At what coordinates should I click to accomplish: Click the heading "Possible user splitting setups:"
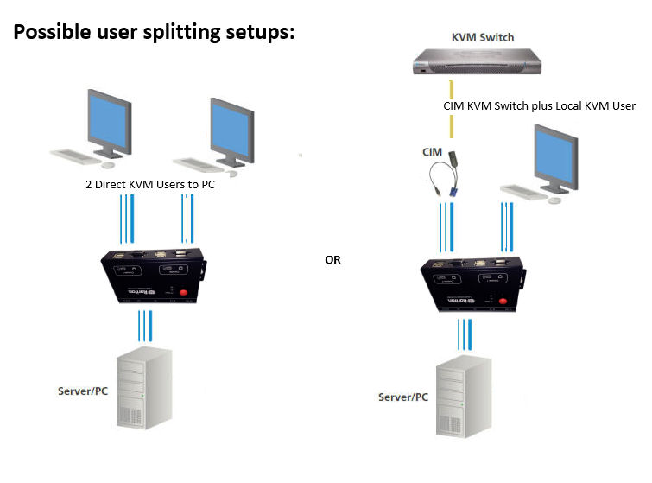(155, 32)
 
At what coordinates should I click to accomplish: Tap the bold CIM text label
(432, 152)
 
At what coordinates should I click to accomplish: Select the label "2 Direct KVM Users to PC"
(149, 185)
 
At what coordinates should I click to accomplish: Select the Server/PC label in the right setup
(402, 397)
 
